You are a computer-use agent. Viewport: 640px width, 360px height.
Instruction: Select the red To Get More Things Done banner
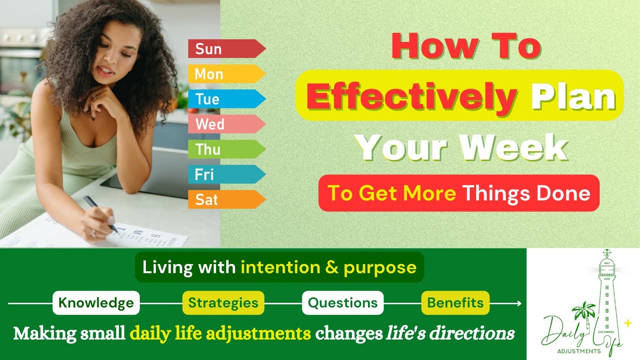click(458, 193)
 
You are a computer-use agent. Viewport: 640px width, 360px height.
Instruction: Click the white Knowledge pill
click(96, 302)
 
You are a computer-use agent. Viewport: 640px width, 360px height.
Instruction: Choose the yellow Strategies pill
click(223, 302)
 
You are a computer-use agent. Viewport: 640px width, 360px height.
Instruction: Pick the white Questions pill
click(342, 302)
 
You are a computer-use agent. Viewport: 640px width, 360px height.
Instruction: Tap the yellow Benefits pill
click(455, 302)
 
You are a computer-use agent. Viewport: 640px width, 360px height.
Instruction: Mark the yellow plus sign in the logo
click(628, 323)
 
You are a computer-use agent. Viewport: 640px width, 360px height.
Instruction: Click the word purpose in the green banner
click(380, 267)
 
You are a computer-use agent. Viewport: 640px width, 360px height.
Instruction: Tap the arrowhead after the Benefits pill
click(519, 303)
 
